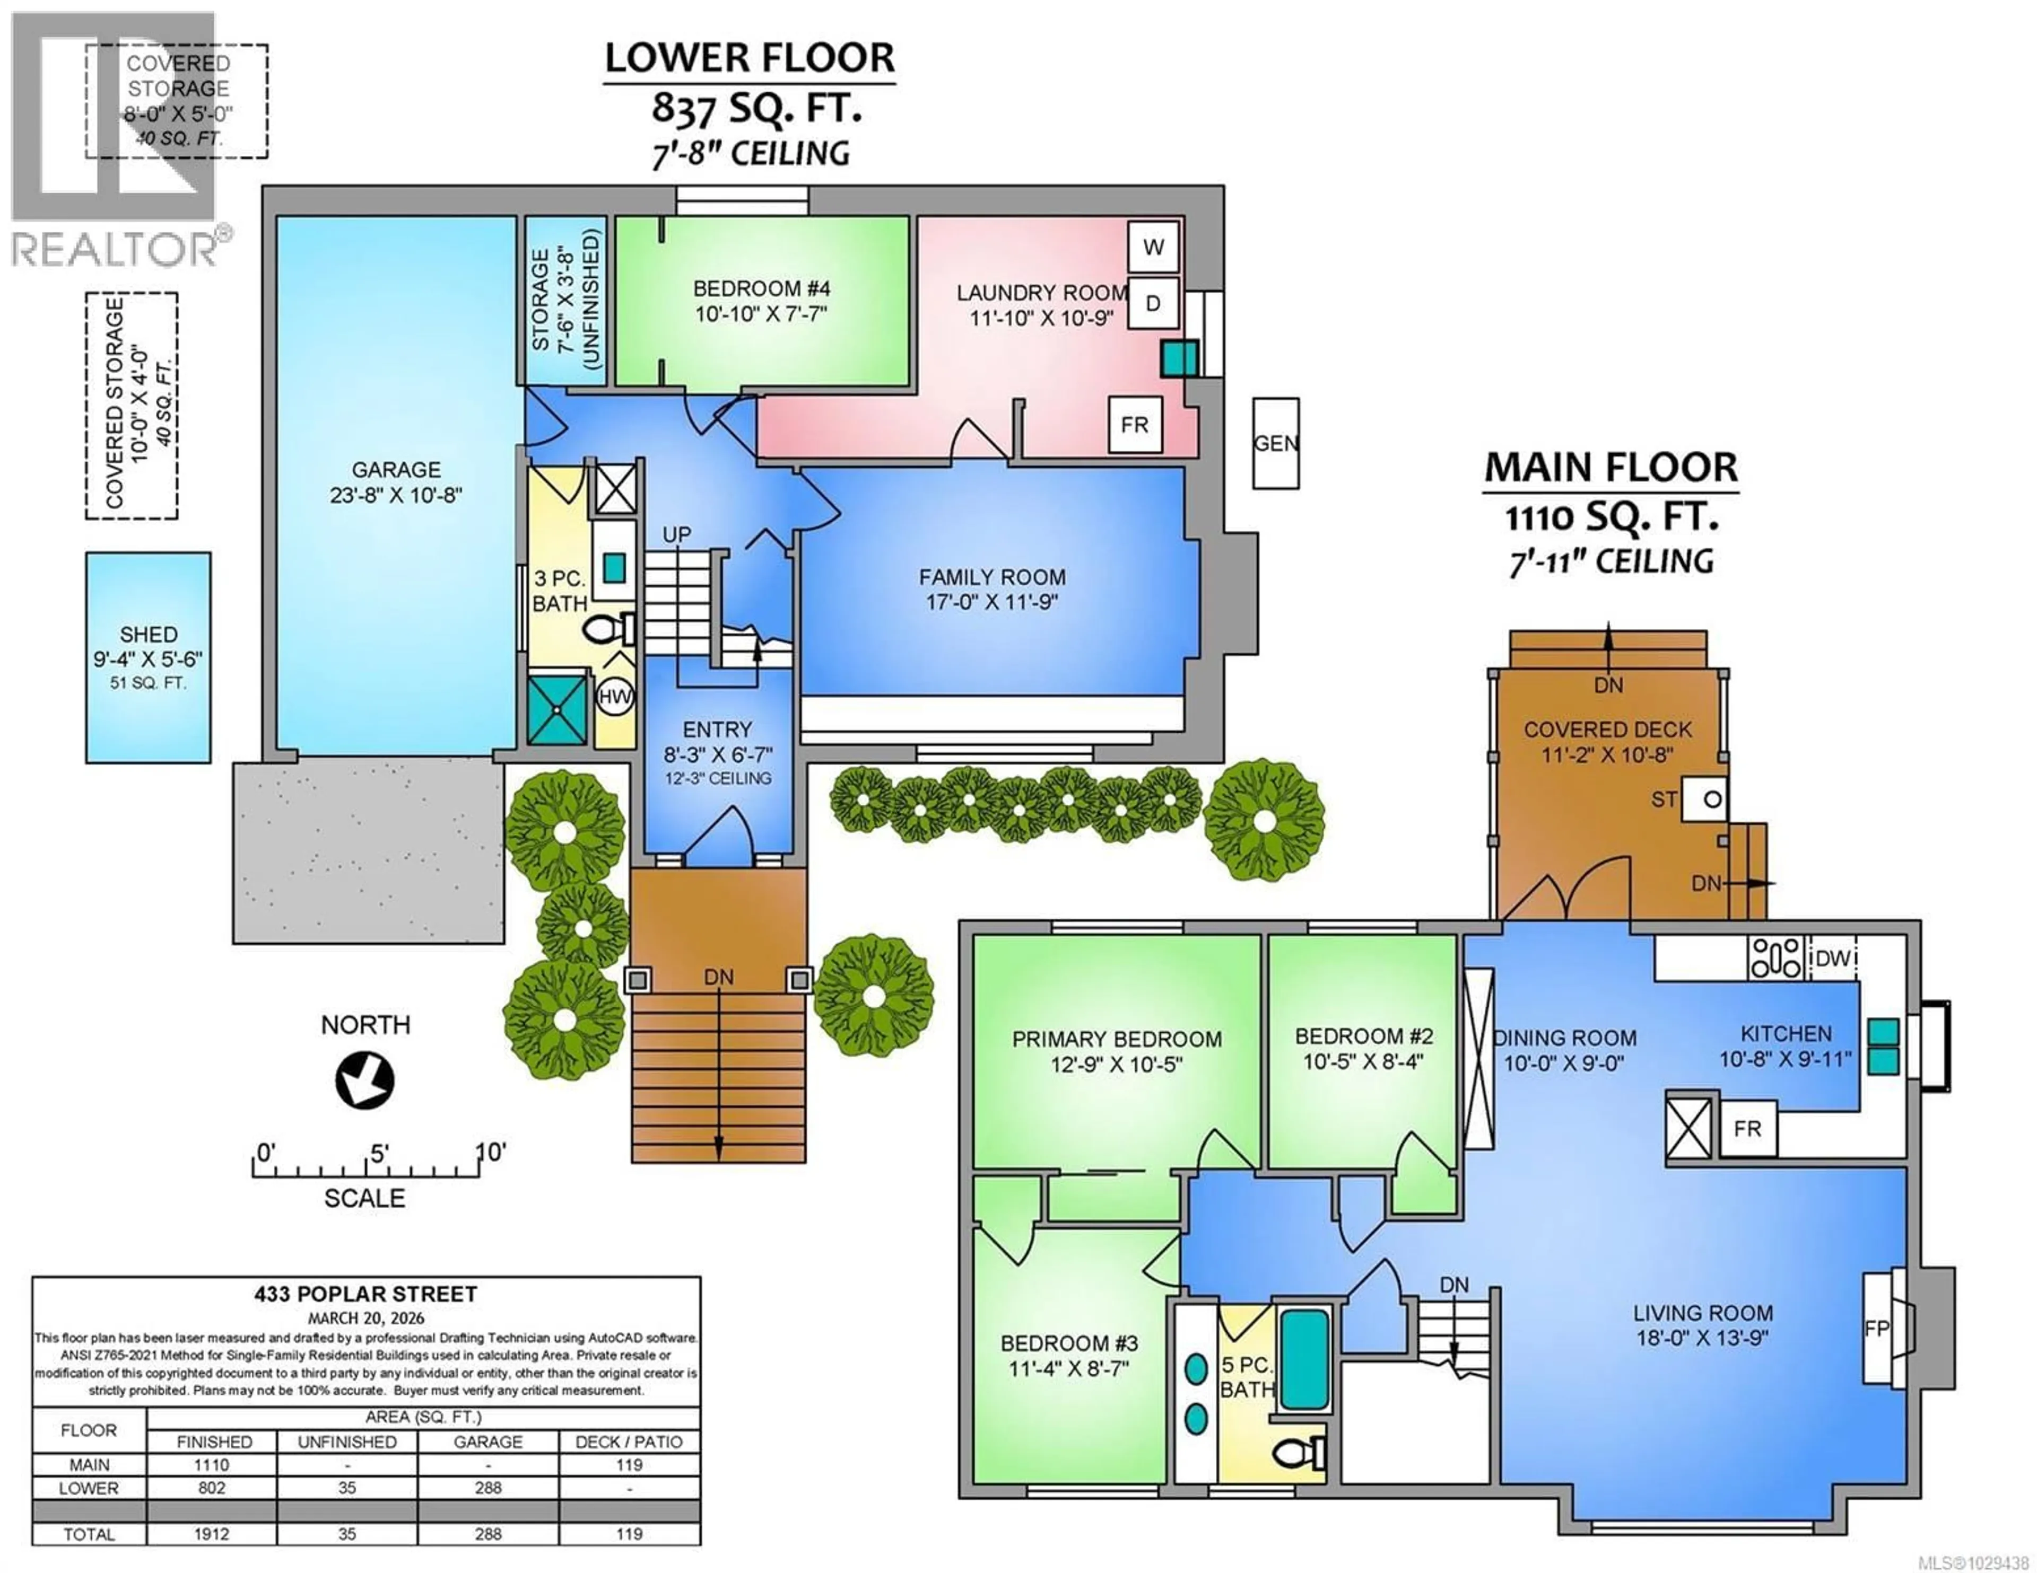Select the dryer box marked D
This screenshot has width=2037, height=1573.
pos(1153,303)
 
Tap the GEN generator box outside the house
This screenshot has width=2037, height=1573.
pos(1275,444)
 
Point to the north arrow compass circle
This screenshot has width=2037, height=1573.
pos(364,1080)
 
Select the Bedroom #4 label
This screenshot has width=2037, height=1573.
pos(761,289)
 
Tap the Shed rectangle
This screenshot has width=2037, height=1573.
pos(149,657)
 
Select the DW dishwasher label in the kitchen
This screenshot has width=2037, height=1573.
pos(1833,957)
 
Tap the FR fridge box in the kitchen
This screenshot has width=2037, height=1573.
pos(1747,1129)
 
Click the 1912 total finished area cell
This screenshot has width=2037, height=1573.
pos(212,1534)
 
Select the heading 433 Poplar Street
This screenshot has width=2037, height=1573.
pos(365,1294)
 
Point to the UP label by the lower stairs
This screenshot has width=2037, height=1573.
pos(676,534)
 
